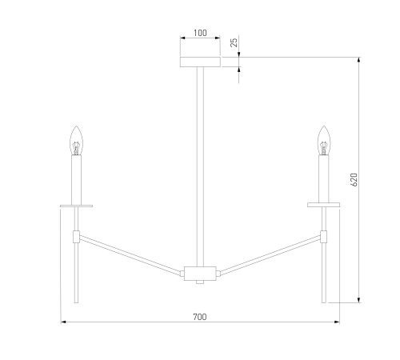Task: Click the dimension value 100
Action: [x=200, y=33]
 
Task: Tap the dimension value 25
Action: [x=234, y=42]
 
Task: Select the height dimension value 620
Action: [x=354, y=180]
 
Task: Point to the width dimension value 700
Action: [x=200, y=317]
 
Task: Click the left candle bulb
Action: [x=76, y=141]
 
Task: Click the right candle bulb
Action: [x=324, y=141]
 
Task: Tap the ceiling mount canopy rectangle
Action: [x=200, y=62]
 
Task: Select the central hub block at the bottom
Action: [x=200, y=274]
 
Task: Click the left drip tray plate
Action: [x=76, y=206]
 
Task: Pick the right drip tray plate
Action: [x=323, y=205]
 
